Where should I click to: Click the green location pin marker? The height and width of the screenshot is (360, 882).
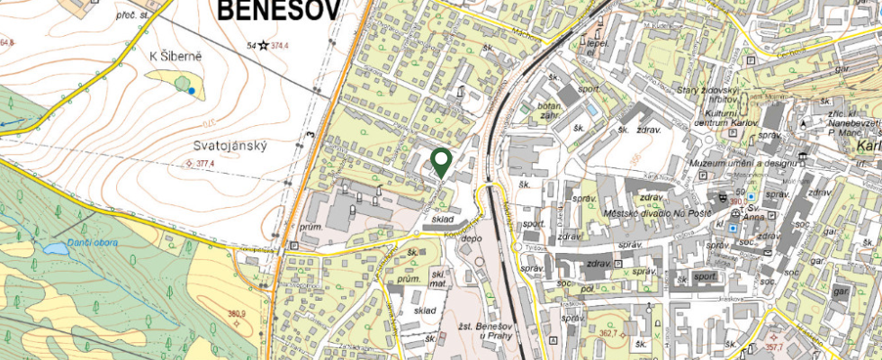[x=441, y=161]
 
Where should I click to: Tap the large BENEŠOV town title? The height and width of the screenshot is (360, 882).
[x=278, y=10]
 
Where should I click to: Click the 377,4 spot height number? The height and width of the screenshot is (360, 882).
[x=204, y=165]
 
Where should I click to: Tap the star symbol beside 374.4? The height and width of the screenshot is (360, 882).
[x=263, y=45]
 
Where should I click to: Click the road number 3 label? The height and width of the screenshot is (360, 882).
[x=308, y=134]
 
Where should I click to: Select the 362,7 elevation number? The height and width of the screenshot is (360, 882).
[x=608, y=332]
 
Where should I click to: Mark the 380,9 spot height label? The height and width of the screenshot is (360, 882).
[x=236, y=314]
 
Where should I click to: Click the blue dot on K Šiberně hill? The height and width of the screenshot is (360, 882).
[x=192, y=91]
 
